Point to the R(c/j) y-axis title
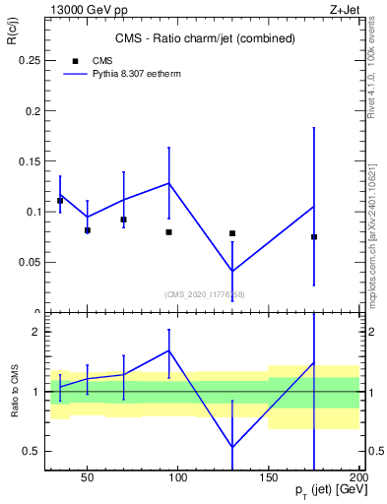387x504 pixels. pos(13,39)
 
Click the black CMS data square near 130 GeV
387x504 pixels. pos(232,233)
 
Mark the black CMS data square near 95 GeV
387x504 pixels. pos(169,232)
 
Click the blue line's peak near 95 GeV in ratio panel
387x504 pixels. pos(169,350)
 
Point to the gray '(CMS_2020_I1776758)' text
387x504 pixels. pos(204,294)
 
